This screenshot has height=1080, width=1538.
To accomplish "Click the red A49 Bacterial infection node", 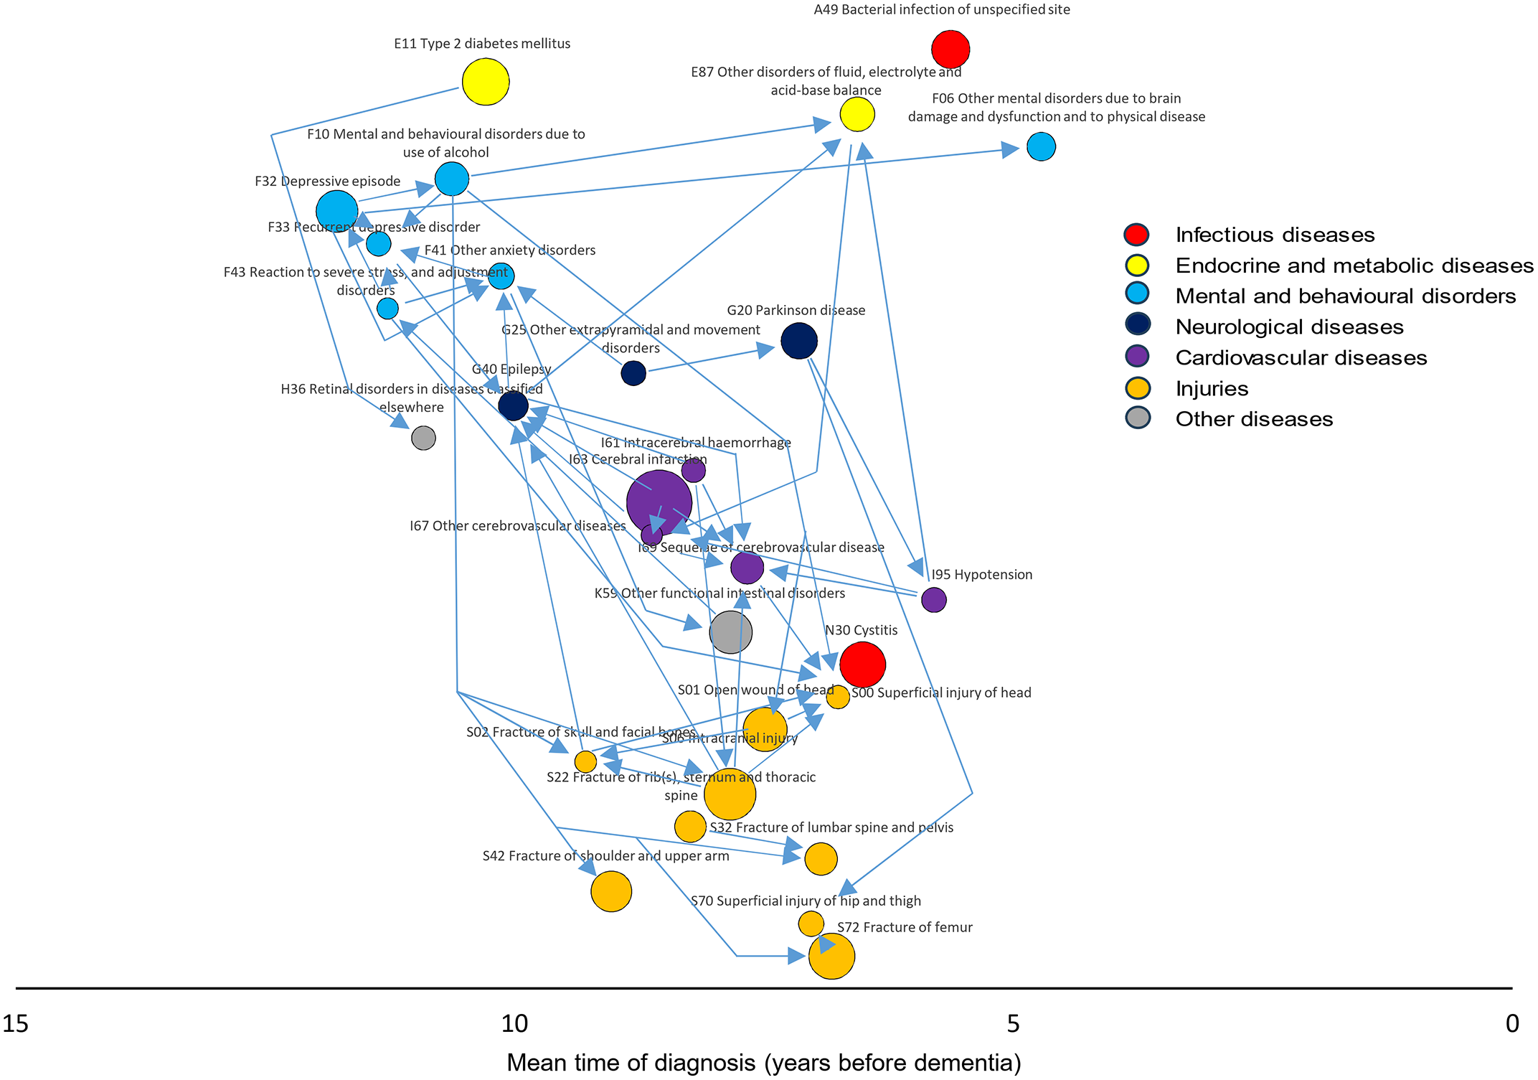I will coord(950,50).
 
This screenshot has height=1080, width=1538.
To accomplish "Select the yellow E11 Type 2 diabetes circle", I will coord(486,82).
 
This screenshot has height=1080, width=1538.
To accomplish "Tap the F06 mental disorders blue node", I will coord(1041,146).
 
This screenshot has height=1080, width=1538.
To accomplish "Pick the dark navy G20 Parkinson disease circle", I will coord(798,341).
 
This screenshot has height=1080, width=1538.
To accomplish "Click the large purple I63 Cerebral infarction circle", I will coord(659,502).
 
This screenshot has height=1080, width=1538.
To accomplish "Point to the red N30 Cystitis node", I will coord(862,665).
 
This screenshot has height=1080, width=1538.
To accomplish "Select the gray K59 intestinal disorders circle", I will coord(730,632).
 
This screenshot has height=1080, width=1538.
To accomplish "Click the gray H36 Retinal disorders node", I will coord(423,437).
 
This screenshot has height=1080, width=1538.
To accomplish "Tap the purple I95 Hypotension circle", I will coord(933,599).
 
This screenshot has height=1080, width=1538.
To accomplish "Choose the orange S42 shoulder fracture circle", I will coord(611,891).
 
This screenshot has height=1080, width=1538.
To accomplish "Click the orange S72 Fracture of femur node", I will coord(831,956).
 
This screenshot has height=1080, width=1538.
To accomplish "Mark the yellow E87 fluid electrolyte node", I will coord(857,114).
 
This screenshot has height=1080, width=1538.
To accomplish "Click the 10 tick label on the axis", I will coord(514,1023).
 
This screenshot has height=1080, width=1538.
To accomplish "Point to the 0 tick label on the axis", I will coord(1511,1023).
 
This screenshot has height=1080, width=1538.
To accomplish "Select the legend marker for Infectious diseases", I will coord(1137,235).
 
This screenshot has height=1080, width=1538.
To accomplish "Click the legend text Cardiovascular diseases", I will coord(1301,357).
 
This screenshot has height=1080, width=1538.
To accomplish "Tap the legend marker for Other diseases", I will coord(1138,418).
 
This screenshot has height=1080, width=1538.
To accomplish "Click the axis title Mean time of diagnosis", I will coord(764,1062).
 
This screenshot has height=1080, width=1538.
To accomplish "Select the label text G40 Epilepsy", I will coord(511,369).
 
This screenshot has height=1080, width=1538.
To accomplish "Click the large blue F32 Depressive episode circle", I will coord(336,212).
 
